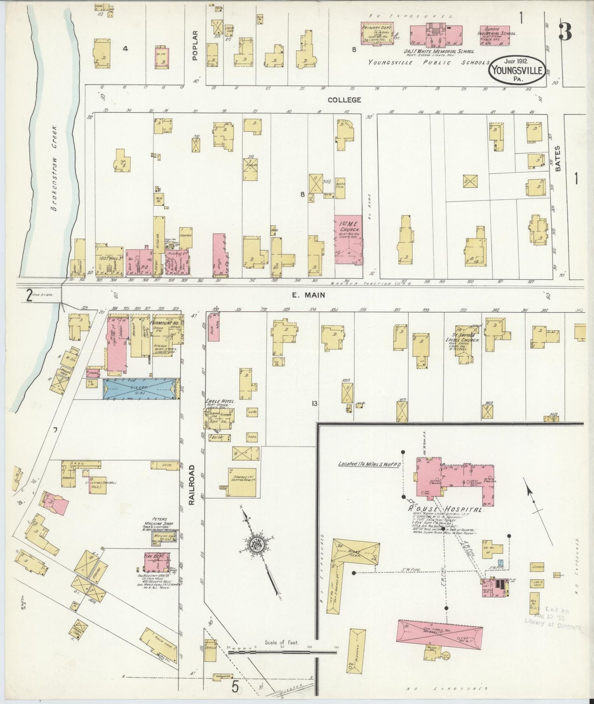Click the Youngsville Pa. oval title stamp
point(517,70)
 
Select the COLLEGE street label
point(344,100)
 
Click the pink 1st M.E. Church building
point(348,240)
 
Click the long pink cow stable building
point(439,635)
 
